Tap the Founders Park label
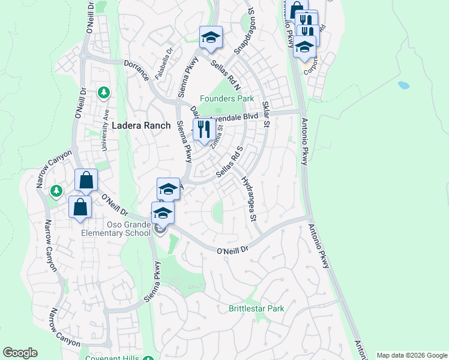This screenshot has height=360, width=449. coord(227,98)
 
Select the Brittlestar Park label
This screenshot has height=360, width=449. coord(256,309)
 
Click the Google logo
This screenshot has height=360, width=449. coord(20,353)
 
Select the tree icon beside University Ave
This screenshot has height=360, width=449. coord(104,92)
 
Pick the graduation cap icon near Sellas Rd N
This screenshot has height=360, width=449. coord(211,38)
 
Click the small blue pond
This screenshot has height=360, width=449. coord(404,85)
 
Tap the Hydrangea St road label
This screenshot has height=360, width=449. coord(249,198)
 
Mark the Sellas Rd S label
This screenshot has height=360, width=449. coord(229,161)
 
